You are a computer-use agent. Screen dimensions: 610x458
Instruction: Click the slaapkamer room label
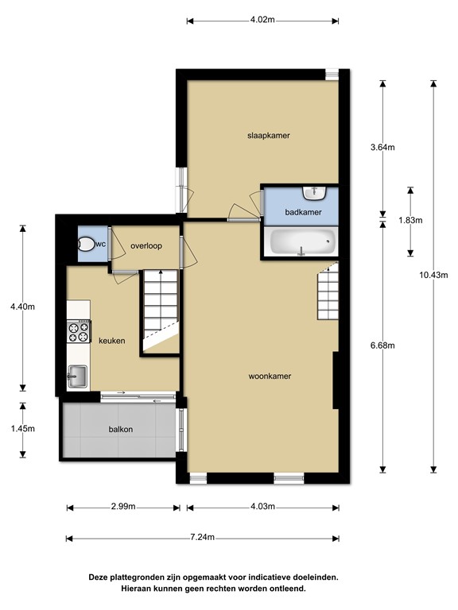coord(268,136)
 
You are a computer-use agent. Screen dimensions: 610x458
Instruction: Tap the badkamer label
coord(303,212)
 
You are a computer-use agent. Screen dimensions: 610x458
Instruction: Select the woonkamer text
coord(268,376)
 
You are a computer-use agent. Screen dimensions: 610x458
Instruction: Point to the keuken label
coord(112,341)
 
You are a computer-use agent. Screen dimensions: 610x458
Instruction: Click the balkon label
coord(121,430)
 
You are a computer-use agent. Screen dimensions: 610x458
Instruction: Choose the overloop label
coord(146,246)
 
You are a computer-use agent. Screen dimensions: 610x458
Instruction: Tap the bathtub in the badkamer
coord(301,242)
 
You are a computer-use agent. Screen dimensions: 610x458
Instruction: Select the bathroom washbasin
coord(315,193)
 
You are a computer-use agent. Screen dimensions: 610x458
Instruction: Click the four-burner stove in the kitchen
coord(79,330)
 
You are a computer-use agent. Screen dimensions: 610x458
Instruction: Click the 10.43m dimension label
coord(433,276)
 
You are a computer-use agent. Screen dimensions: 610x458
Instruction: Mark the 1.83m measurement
coord(409,221)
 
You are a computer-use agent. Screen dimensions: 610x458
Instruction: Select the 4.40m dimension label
coord(22,307)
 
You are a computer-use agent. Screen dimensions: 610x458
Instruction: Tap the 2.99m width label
coord(122,507)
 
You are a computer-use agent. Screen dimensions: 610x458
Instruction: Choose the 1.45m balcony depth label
coord(22,428)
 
